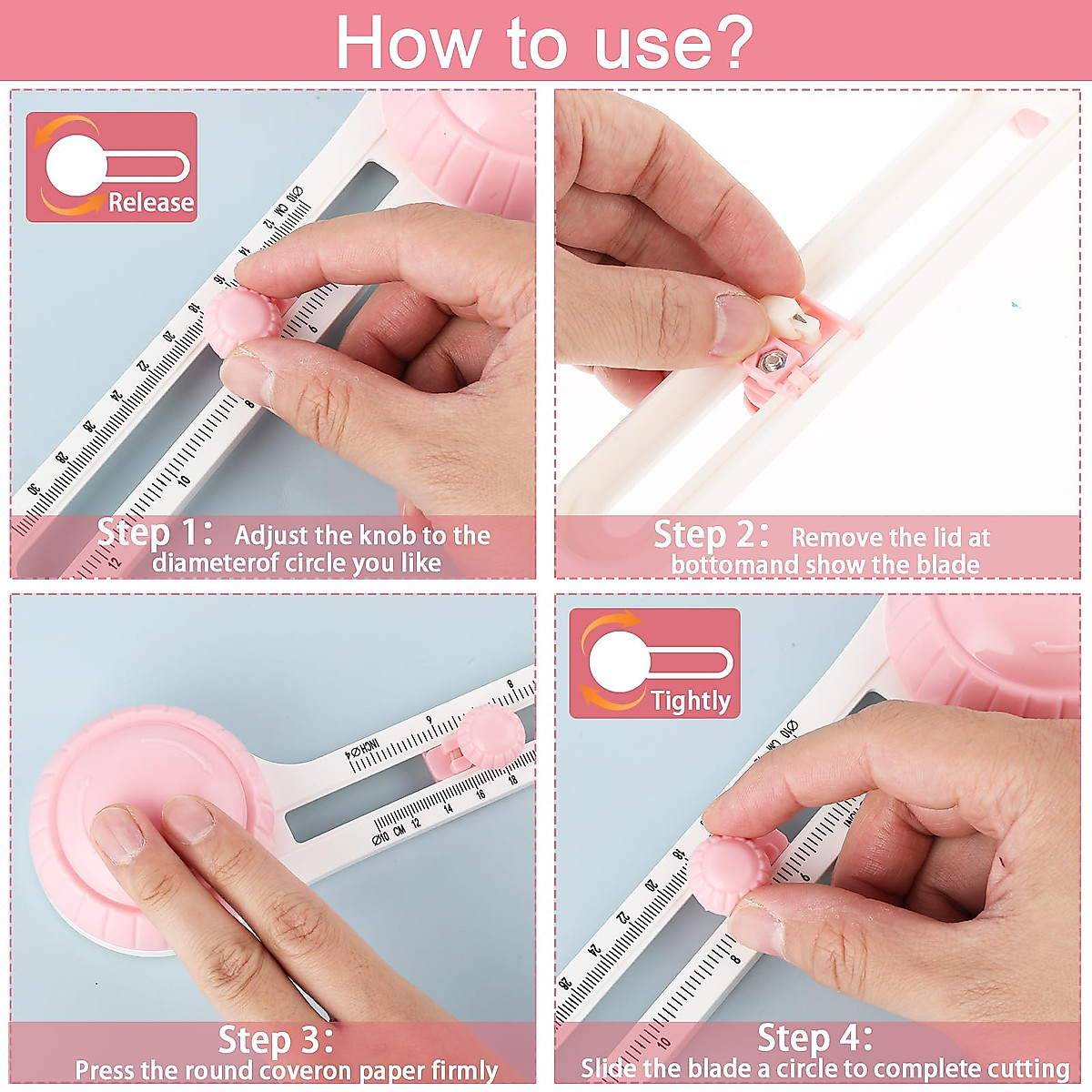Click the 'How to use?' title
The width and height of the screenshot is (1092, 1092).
tap(544, 42)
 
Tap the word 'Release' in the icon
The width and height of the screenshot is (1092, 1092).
tap(151, 202)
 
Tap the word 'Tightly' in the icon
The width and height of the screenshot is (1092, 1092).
tap(691, 700)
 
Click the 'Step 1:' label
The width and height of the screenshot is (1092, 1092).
tap(155, 532)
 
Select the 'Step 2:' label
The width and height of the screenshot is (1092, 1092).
tap(712, 534)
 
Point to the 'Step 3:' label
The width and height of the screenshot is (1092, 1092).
tap(276, 1039)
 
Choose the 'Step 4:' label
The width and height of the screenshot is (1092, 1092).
tap(814, 1037)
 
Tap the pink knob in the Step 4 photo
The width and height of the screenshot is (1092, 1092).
tap(730, 874)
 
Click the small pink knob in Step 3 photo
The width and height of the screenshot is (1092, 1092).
tap(489, 736)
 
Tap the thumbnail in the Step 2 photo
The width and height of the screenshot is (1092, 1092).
tap(735, 324)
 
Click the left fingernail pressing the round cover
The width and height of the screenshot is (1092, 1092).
tap(116, 835)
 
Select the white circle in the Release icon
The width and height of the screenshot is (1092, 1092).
tap(75, 166)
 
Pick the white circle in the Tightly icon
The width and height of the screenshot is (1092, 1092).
tap(619, 662)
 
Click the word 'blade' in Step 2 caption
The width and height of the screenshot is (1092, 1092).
tap(947, 564)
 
